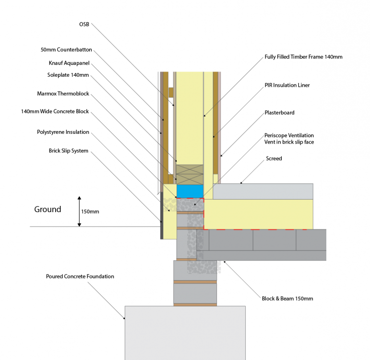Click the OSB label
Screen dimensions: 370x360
[x=84, y=24]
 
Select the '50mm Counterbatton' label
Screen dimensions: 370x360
[x=66, y=49]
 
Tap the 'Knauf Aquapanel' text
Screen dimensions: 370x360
[x=69, y=63]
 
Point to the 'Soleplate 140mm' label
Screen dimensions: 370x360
[x=68, y=75]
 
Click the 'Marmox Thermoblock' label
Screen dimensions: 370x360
[x=63, y=94]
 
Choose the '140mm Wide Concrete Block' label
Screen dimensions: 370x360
[x=55, y=111]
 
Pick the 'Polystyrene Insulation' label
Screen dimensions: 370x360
[x=63, y=132]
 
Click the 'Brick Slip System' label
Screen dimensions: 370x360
[x=69, y=151]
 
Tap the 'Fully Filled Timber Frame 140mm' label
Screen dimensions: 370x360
[x=303, y=57]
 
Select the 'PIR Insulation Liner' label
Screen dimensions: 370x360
[x=287, y=85]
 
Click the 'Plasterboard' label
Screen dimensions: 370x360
[x=280, y=113]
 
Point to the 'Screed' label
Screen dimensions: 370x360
[x=274, y=158]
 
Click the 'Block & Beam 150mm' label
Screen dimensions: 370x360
[x=287, y=299]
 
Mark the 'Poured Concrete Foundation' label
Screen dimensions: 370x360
[x=80, y=276]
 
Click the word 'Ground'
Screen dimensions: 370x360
[x=48, y=209]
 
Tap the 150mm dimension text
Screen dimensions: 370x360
[x=90, y=212]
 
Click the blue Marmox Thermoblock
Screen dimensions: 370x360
[x=190, y=191]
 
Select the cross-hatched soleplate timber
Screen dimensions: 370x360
[x=190, y=175]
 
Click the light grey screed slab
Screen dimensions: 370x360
[x=263, y=192]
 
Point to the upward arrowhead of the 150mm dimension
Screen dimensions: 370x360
[x=80, y=198]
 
